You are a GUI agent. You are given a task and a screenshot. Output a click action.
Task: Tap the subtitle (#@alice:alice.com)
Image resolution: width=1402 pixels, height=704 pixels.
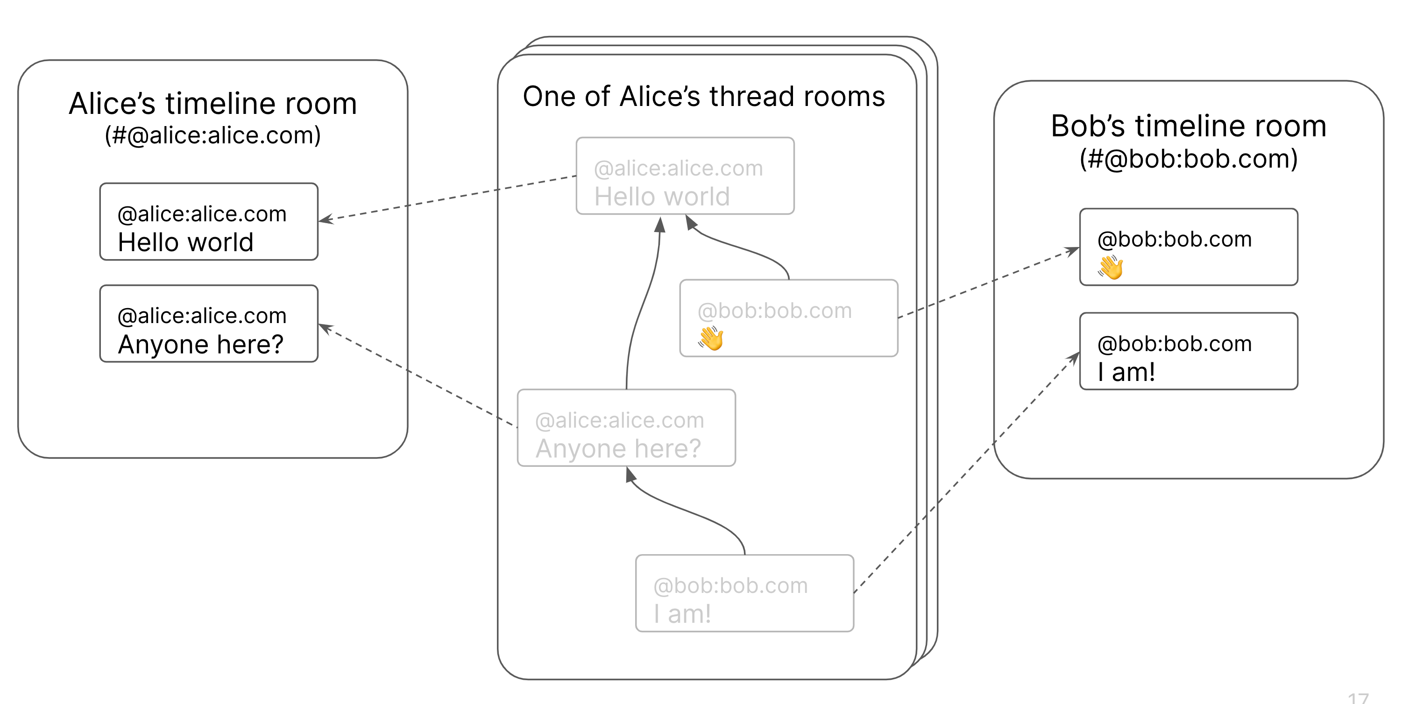pos(212,135)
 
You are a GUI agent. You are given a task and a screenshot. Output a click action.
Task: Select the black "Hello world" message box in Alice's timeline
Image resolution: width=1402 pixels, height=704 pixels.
pos(208,221)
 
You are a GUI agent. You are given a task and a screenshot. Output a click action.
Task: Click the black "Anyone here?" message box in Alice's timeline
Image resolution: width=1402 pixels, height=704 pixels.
pos(208,323)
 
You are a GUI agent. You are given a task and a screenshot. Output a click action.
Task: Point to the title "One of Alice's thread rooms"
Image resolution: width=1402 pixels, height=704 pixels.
pos(703,97)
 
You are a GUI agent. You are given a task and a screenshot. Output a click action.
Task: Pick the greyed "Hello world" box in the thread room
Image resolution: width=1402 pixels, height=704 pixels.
pos(685,176)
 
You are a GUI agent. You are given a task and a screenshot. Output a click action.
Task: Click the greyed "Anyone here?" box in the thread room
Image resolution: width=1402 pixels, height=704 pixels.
pos(626,428)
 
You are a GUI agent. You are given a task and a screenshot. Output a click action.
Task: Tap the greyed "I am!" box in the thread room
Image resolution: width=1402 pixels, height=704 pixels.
pos(744,593)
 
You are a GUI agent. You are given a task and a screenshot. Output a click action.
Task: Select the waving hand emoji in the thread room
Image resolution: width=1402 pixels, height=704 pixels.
pos(711,338)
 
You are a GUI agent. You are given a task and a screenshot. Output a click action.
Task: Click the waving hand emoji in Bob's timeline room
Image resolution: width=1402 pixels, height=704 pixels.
pos(1110,267)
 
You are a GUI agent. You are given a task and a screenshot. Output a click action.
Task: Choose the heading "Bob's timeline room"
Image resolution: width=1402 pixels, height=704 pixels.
pos(1188,126)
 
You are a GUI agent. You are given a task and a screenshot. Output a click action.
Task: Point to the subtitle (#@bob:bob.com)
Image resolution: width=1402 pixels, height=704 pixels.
pos(1188,159)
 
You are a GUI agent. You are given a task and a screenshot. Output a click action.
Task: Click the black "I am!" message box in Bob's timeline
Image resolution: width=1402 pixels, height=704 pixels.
pos(1188,351)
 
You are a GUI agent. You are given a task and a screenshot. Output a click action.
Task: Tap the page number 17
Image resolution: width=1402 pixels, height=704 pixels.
pos(1358,698)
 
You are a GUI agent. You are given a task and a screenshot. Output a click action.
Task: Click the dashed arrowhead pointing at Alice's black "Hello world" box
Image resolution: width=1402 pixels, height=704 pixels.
pos(325,219)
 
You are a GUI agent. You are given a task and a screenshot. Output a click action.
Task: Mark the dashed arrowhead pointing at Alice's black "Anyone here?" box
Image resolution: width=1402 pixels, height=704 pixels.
pos(325,328)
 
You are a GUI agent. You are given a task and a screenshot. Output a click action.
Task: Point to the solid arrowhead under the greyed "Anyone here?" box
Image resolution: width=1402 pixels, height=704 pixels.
pos(630,475)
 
